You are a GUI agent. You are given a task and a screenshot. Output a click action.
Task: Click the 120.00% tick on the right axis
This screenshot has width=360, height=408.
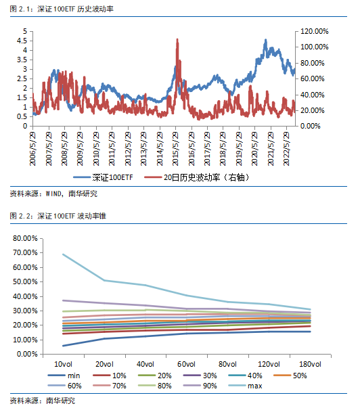pos(314,32)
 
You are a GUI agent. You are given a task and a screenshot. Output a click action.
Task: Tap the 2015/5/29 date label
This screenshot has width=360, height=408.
pos(175,149)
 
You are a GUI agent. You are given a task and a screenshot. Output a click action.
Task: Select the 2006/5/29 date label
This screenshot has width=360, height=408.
pos(32,149)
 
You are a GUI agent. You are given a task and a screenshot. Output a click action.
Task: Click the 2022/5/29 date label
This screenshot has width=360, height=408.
pos(287,149)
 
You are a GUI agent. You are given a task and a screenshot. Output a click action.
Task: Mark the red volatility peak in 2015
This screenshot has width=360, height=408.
pos(177,39)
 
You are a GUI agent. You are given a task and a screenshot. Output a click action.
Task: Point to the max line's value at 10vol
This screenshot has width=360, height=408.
pos(63,254)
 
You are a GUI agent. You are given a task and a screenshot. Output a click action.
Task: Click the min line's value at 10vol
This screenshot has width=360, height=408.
pos(63,346)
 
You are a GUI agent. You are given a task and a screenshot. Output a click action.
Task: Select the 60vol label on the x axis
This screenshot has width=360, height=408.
pos(186,364)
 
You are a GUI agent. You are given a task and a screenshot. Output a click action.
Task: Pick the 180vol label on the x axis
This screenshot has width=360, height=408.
pos(311,364)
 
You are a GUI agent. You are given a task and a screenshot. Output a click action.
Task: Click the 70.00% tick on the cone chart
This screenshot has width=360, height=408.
pos(25,252)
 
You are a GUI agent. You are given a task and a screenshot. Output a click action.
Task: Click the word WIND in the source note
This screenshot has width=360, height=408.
pos(53,194)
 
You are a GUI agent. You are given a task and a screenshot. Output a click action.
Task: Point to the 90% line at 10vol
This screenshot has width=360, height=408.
pos(63,300)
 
